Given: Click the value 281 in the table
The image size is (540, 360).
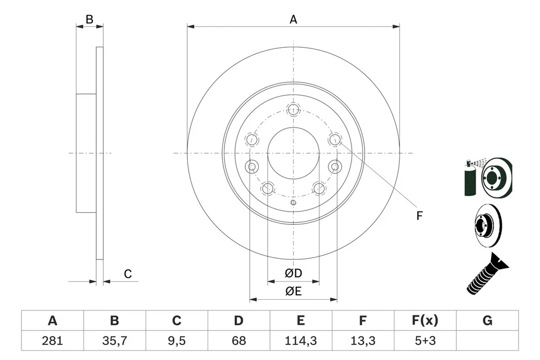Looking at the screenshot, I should tap(52, 340).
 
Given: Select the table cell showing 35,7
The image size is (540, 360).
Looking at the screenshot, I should tap(114, 340).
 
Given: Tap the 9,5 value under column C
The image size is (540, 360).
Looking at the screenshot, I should tap(177, 340).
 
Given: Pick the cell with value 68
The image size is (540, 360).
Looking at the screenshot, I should tap(238, 340).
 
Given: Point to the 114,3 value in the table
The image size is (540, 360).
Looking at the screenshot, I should tap(301, 340).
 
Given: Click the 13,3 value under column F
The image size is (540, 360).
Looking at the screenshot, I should tap(363, 340).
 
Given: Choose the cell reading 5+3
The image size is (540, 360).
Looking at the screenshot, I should tap(425, 340).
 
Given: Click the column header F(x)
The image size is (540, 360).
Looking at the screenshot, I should tap(425, 321).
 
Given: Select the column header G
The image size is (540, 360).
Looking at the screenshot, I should tap(487, 321).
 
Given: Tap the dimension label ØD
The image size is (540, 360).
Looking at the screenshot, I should tap(293, 273).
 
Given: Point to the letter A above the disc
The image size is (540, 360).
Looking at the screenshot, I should tap(293, 20).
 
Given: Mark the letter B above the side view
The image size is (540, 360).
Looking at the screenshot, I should tap(89, 20).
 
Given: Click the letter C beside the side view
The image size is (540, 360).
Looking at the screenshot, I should tap(128, 274).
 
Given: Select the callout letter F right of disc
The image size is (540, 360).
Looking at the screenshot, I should tap(419, 215).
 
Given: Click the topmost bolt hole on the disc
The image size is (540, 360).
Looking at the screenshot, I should tap(293, 109).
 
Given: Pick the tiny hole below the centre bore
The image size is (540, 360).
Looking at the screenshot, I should tap(292, 203).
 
